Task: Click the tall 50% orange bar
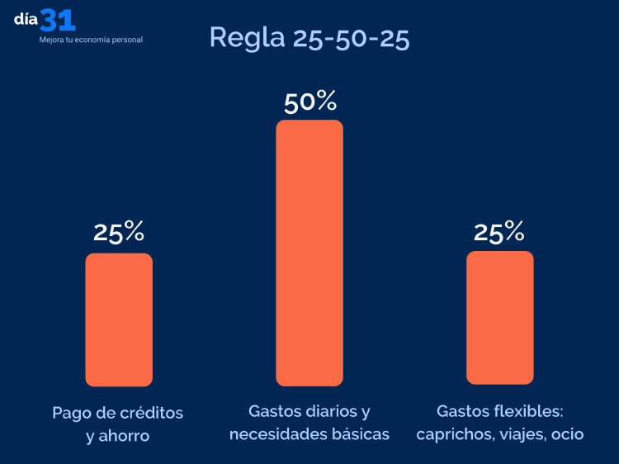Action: [x=309, y=253]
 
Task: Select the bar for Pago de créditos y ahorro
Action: [x=119, y=320]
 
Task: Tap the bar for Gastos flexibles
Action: [x=499, y=318]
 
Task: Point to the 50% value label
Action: [x=309, y=102]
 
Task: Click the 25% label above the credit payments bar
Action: [x=119, y=233]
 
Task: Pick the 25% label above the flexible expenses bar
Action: [x=499, y=232]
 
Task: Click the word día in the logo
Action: [x=26, y=20]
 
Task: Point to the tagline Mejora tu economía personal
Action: [x=91, y=40]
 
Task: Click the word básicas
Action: [x=360, y=433]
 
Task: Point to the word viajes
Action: [x=518, y=433]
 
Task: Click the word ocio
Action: [x=567, y=433]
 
